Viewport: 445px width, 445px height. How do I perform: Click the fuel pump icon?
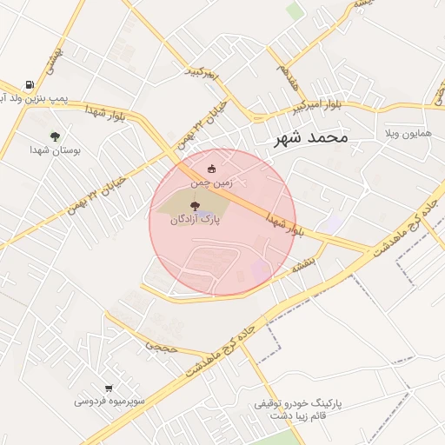(30, 86)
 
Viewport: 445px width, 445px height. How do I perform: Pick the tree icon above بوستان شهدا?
(55, 136)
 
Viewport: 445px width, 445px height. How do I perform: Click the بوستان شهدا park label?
(55, 150)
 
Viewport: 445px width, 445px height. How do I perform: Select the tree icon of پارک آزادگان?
(193, 206)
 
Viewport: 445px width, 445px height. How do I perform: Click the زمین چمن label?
(211, 184)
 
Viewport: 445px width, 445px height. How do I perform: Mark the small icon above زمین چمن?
(212, 169)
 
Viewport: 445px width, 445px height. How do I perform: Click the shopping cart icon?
(109, 389)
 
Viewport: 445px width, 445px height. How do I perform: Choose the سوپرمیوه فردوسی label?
(108, 402)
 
